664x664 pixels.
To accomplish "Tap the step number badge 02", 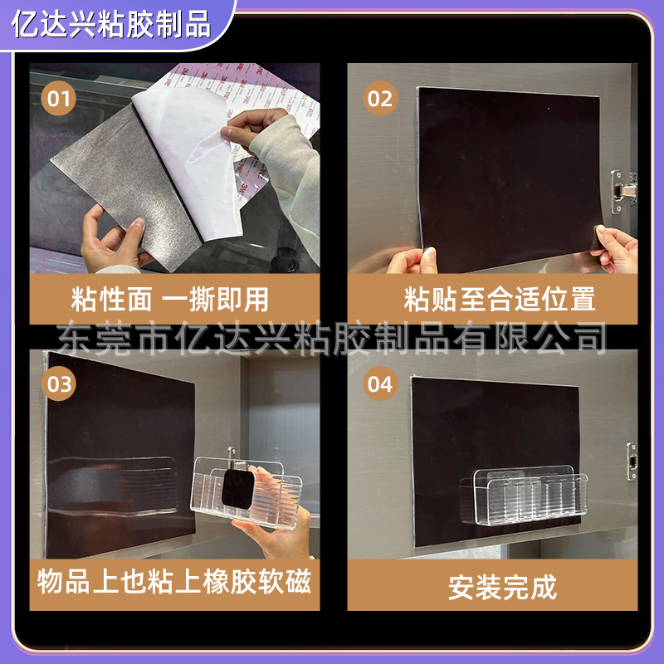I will (379, 99).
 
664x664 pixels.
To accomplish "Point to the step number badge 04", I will (379, 384).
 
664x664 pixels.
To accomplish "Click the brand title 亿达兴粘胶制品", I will (113, 22).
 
